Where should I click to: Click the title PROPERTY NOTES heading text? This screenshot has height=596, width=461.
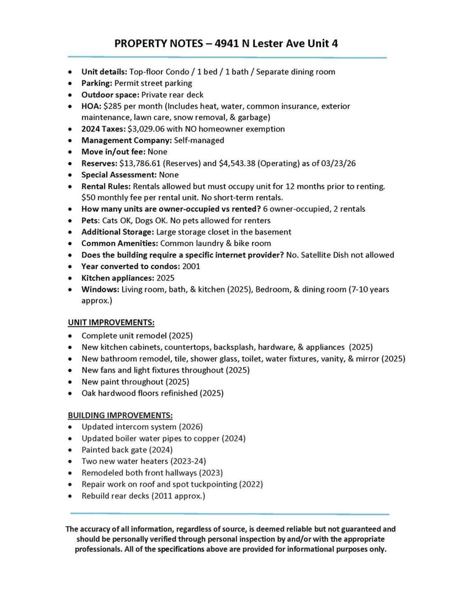click(x=226, y=44)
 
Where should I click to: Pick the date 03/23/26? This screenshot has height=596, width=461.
click(x=338, y=163)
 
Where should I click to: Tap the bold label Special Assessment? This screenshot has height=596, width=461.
click(x=119, y=175)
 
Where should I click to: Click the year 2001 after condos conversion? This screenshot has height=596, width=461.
click(x=191, y=266)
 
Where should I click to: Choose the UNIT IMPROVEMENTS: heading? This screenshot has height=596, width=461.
click(x=111, y=323)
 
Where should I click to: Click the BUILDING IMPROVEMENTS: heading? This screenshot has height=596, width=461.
click(x=120, y=415)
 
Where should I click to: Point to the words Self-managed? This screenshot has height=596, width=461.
click(x=199, y=140)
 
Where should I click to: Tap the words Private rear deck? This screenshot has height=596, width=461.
click(x=172, y=95)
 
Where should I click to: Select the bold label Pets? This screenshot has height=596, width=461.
click(x=90, y=221)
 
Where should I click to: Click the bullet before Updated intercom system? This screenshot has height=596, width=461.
click(x=70, y=427)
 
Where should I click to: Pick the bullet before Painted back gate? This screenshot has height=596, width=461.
click(x=70, y=450)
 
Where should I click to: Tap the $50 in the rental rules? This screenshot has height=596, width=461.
click(x=88, y=198)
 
